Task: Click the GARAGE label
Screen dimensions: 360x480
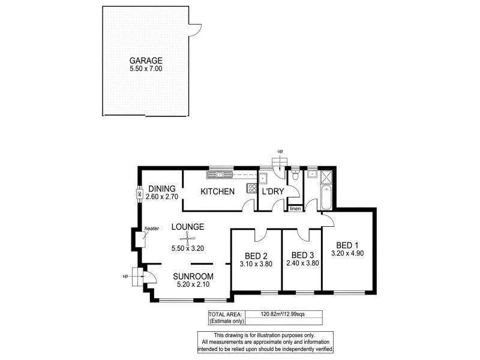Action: click(x=146, y=61)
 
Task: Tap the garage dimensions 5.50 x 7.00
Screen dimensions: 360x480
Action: click(x=146, y=69)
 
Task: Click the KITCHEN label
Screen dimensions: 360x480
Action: click(x=217, y=191)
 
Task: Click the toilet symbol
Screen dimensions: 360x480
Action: click(x=294, y=176)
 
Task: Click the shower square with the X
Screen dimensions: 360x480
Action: click(x=328, y=177)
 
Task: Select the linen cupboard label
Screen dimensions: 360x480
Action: click(x=295, y=209)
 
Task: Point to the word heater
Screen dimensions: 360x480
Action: click(x=151, y=229)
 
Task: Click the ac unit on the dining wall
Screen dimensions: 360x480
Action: click(x=139, y=194)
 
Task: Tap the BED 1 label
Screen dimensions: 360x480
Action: click(x=347, y=245)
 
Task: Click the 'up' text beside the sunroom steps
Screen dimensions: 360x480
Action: click(x=125, y=277)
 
